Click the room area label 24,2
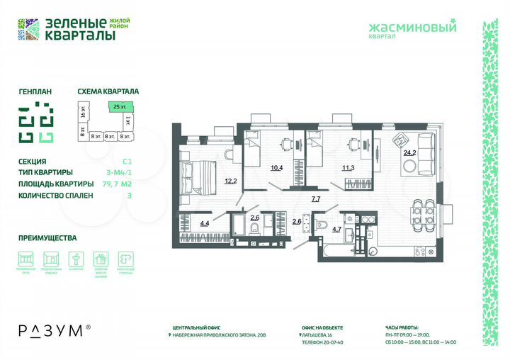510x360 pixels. [409, 152]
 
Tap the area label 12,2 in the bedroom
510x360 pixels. [230, 181]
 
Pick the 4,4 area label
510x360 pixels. [204, 224]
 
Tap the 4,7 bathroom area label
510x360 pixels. [337, 229]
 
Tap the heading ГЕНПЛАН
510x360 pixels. [35, 91]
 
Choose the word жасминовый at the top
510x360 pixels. [413, 28]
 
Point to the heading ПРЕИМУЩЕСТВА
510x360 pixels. [47, 238]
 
